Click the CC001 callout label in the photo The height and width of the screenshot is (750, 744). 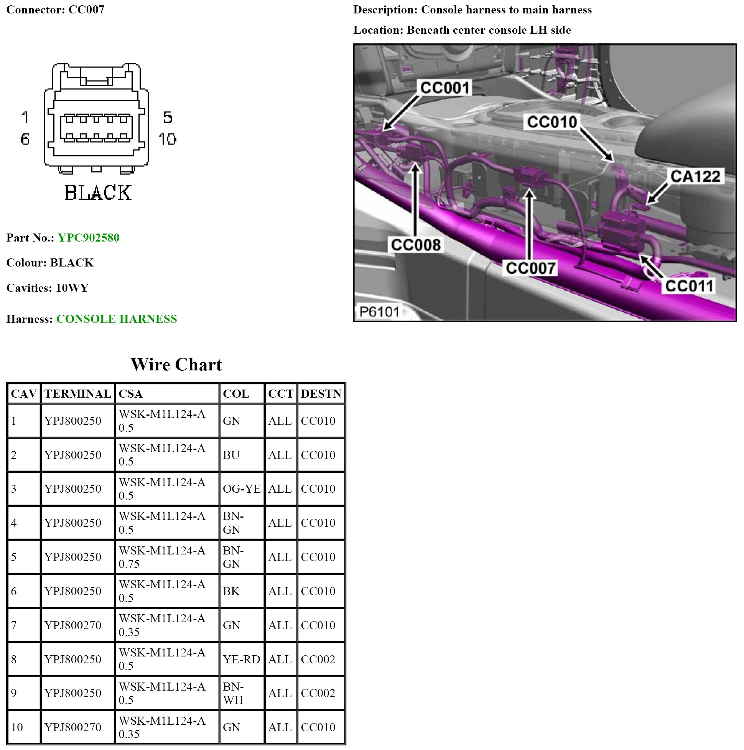[x=444, y=88]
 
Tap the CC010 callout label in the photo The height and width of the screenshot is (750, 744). [x=551, y=122]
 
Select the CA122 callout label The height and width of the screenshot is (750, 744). [x=695, y=176]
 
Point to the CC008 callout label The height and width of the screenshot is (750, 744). [x=415, y=245]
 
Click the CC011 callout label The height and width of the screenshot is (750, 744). [x=689, y=286]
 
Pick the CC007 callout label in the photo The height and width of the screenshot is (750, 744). [x=530, y=268]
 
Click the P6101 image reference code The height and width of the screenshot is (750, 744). [x=379, y=311]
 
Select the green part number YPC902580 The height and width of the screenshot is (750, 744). [x=89, y=238]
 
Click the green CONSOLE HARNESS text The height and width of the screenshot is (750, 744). [x=117, y=319]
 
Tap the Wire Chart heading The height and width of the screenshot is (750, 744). [x=176, y=365]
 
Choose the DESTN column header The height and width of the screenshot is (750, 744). [x=321, y=394]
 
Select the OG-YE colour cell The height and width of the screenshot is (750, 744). [x=242, y=489]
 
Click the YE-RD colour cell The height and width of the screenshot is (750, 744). [x=241, y=659]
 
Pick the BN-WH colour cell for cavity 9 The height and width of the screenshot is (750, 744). [x=234, y=693]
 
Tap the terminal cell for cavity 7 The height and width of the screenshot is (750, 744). [x=73, y=625]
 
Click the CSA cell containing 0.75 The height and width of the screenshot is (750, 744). [x=162, y=557]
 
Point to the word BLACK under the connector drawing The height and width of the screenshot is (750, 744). [x=98, y=193]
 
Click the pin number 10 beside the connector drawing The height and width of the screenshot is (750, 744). [x=167, y=139]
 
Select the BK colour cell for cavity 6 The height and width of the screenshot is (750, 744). [x=231, y=591]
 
